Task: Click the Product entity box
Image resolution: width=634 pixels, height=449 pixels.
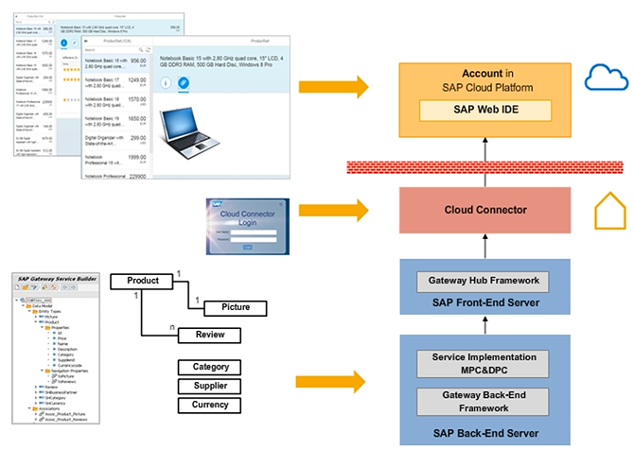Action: click(x=142, y=282)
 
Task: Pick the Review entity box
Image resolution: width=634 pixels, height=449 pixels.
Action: click(x=210, y=335)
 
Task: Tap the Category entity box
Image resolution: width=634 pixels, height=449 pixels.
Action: click(x=210, y=367)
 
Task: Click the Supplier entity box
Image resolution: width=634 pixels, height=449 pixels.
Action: click(x=210, y=386)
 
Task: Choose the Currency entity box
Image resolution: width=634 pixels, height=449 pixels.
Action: click(x=210, y=405)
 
